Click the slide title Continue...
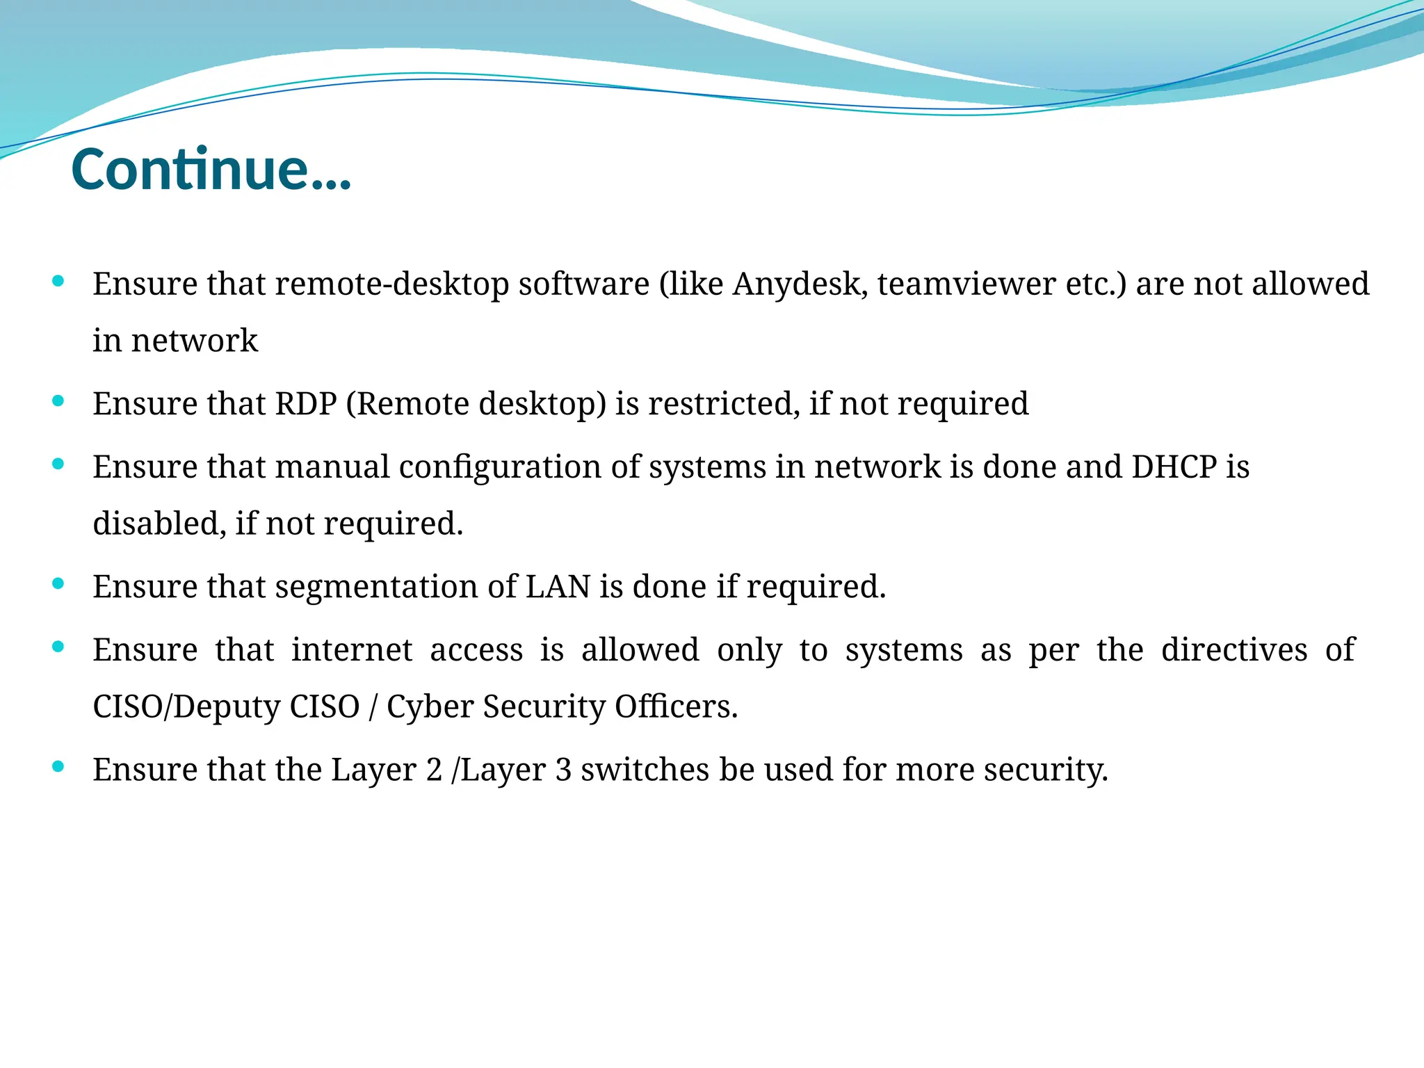point(211,169)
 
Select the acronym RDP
point(306,404)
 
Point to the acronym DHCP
point(1174,467)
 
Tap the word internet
point(351,650)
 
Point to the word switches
point(645,770)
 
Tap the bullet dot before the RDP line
point(58,401)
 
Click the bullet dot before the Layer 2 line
point(58,767)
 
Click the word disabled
point(159,524)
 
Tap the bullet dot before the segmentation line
point(58,584)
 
